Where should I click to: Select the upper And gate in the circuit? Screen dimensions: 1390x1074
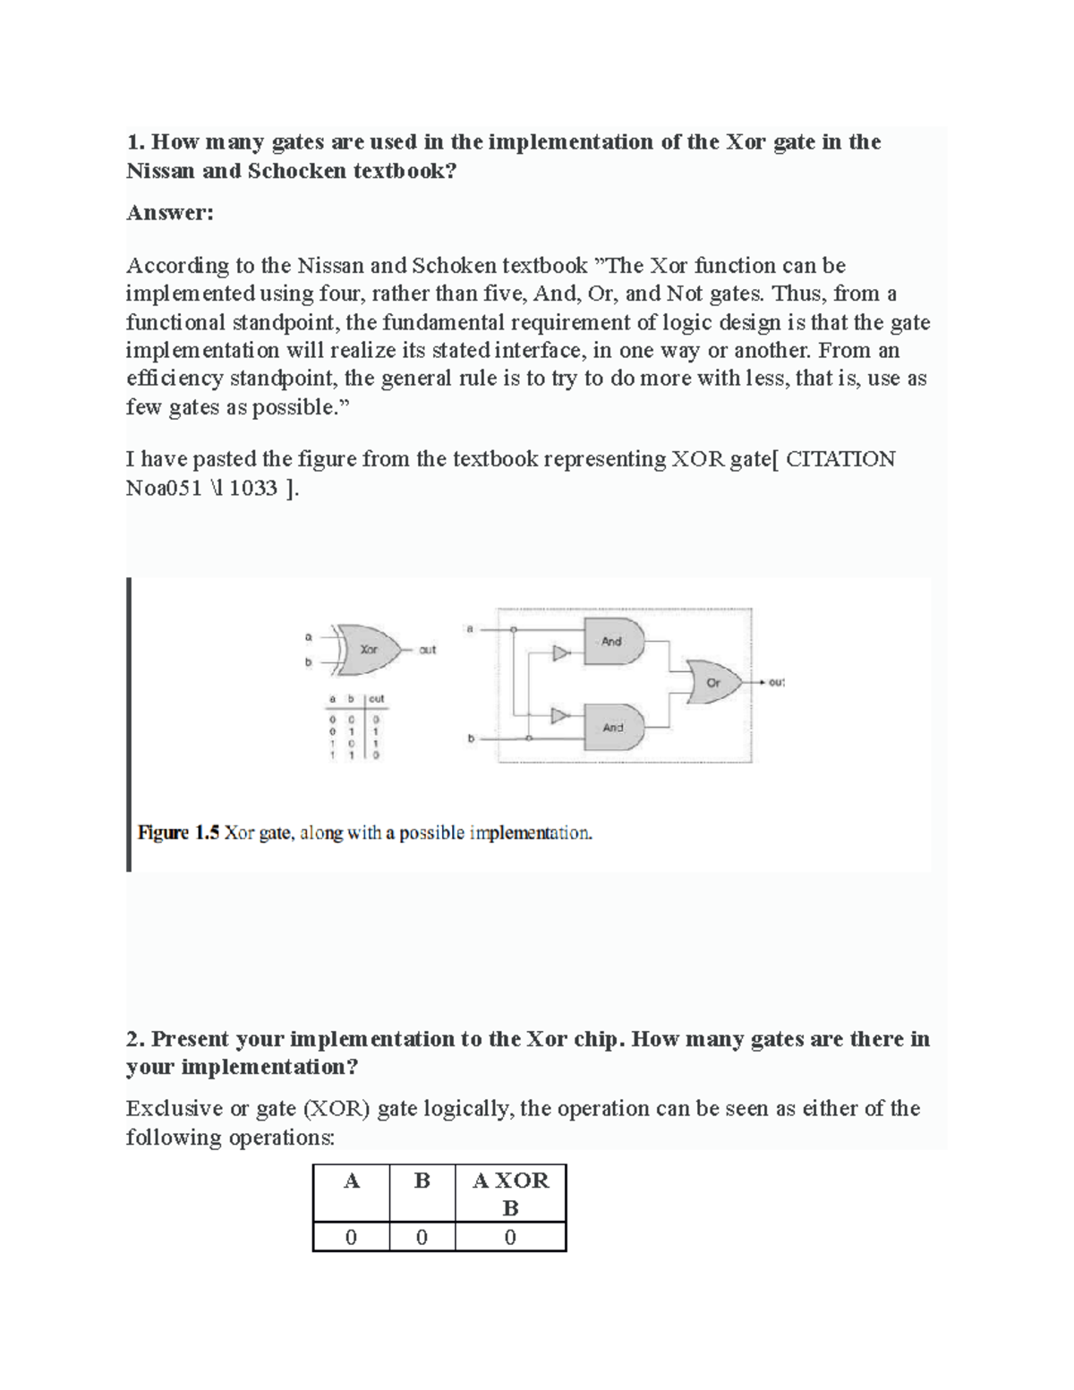coord(613,641)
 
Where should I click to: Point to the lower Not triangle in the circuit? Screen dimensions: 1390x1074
coord(560,715)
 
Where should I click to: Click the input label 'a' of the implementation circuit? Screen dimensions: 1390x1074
coord(469,629)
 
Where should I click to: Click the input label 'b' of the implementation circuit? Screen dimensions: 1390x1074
coord(471,738)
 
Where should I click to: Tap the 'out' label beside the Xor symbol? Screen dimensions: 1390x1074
coord(428,650)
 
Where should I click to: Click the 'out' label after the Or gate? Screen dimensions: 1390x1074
coord(776,682)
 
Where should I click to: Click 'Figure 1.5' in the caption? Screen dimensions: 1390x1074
coord(178,833)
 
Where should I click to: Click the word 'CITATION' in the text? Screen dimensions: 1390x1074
coord(840,459)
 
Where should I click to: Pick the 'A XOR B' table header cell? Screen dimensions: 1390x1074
coord(510,1194)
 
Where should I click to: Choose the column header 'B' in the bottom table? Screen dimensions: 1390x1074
coord(422,1181)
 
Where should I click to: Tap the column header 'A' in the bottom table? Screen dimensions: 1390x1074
coord(351,1181)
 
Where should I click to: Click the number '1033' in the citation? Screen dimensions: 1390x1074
coord(253,488)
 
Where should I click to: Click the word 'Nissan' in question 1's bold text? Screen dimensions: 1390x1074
coord(161,171)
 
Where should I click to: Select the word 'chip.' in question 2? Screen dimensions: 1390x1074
coord(599,1039)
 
